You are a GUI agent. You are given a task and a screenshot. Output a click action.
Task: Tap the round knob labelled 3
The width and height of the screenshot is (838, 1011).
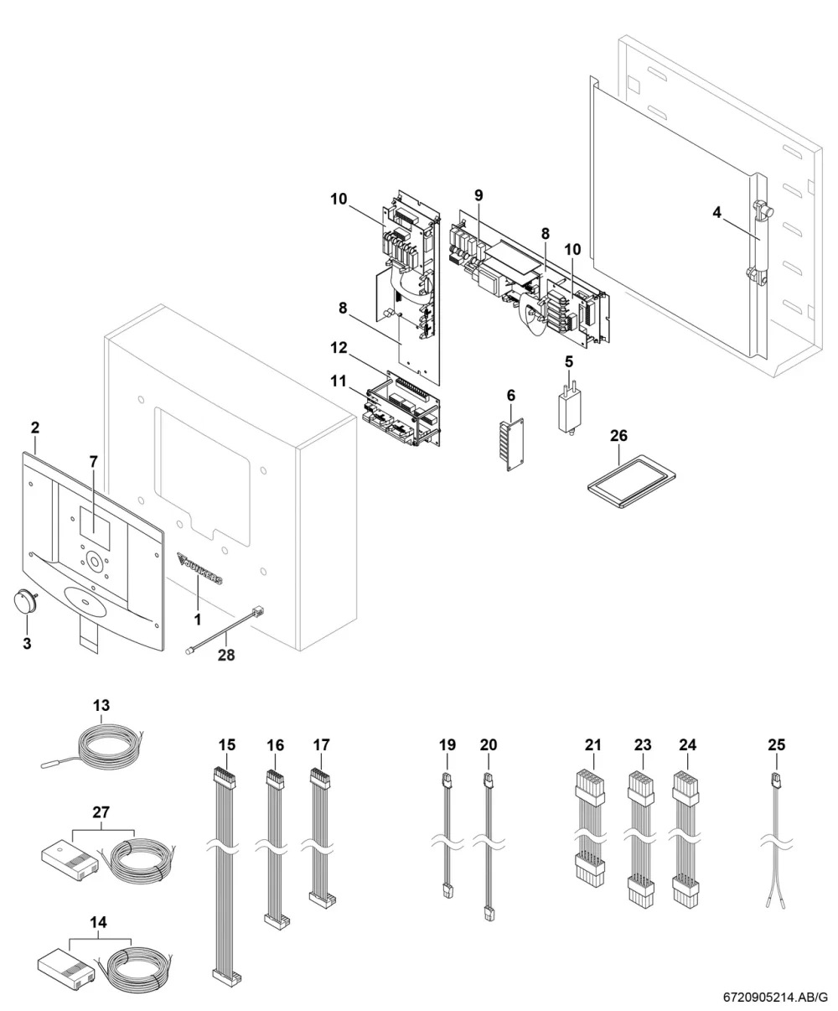point(23,602)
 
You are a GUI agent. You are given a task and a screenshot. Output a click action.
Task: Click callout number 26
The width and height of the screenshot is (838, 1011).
point(618,436)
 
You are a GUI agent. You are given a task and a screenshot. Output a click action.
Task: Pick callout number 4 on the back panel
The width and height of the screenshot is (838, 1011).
point(716,212)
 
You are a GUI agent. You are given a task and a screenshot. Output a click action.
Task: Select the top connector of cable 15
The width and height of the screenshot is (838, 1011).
point(223,776)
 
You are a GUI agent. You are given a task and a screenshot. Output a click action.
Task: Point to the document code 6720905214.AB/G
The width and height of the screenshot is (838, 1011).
point(775,999)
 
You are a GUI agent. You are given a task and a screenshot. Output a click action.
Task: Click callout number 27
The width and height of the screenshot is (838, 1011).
point(101,812)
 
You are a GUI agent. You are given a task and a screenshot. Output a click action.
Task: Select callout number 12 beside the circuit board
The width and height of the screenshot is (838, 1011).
point(339,348)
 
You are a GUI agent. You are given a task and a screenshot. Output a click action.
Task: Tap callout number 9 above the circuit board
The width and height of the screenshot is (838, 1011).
point(478,195)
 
